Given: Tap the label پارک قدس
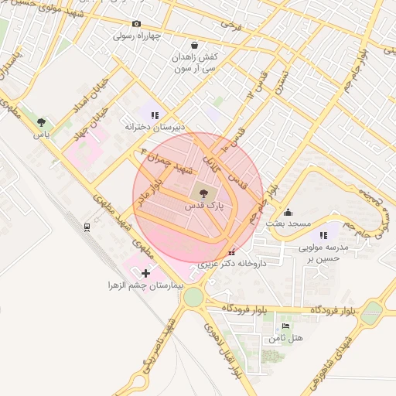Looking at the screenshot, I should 203,207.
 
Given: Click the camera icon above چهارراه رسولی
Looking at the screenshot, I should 137,24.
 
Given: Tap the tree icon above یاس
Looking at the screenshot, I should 40,122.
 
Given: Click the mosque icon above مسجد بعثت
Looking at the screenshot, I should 288,212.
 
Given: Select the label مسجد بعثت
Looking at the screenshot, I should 288,224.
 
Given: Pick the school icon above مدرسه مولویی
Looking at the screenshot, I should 323,235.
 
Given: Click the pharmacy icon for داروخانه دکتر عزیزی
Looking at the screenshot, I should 233,252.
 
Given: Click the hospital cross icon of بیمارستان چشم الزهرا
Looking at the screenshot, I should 145,273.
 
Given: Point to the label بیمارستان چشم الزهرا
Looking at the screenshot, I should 145,285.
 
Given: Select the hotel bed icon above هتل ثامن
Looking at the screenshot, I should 286,327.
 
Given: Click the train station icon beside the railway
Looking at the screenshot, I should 87,227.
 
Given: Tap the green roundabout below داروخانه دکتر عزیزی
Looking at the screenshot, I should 193,295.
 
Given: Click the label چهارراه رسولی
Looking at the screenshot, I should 137,36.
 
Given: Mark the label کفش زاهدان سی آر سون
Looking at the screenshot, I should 193,63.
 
